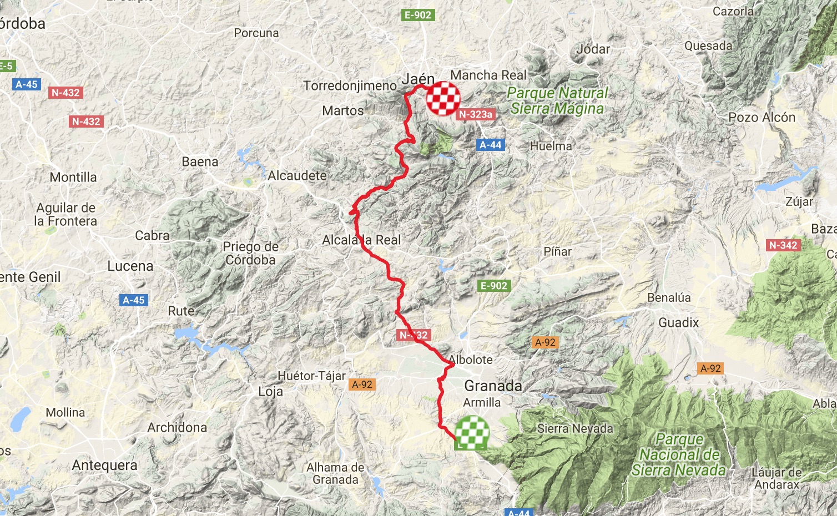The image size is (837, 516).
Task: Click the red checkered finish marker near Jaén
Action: pyautogui.click(x=443, y=99)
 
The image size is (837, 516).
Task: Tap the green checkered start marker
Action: pyautogui.click(x=472, y=433)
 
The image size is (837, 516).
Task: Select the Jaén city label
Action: pyautogui.click(x=418, y=79)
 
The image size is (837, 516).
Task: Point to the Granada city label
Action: pyautogui.click(x=493, y=386)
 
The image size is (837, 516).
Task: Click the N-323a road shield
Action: pyautogui.click(x=476, y=114)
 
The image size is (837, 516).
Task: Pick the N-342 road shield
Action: pyautogui.click(x=784, y=245)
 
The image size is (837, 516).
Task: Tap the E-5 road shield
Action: pyautogui.click(x=6, y=66)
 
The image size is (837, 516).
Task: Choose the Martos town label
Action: pyautogui.click(x=343, y=110)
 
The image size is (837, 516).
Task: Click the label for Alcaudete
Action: pyautogui.click(x=298, y=175)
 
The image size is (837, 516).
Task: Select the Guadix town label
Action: pyautogui.click(x=678, y=322)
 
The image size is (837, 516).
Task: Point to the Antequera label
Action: pyautogui.click(x=104, y=465)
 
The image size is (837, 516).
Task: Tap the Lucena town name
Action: pyautogui.click(x=130, y=266)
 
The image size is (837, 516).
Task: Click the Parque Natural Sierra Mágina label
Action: pyautogui.click(x=557, y=100)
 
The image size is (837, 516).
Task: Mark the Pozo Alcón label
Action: pyautogui.click(x=762, y=117)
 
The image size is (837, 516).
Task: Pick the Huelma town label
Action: pyautogui.click(x=551, y=146)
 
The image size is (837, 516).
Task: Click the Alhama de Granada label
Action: pyautogui.click(x=335, y=473)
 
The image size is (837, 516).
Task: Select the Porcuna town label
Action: pyautogui.click(x=256, y=33)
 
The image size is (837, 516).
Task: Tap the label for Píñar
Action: pyautogui.click(x=557, y=251)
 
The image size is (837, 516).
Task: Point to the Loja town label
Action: pyautogui.click(x=270, y=391)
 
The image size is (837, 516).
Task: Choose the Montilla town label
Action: pyautogui.click(x=73, y=177)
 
